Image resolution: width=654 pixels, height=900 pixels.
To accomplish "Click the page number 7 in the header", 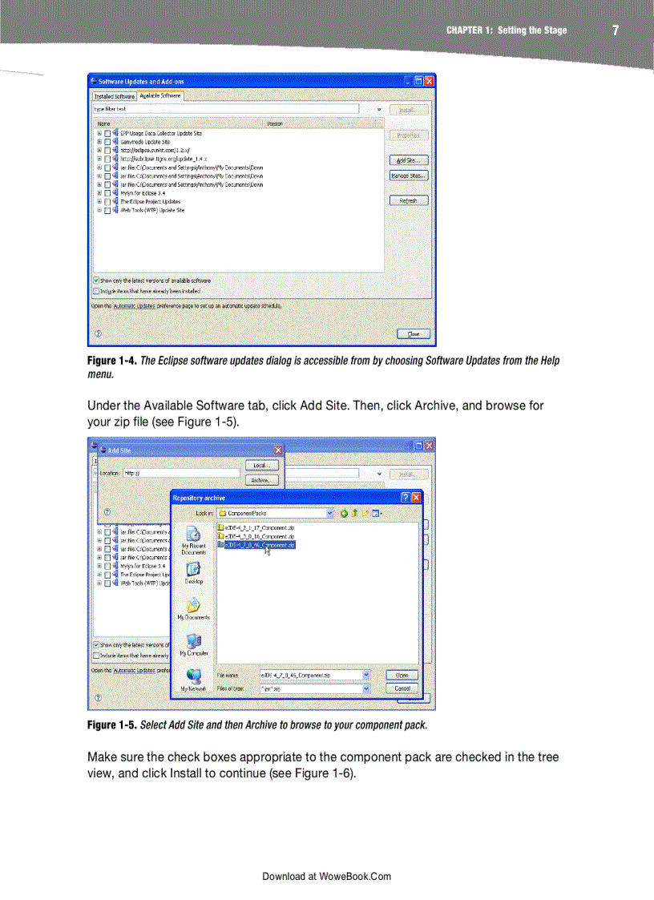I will tap(616, 30).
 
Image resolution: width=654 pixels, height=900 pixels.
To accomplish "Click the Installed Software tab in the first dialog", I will tap(114, 96).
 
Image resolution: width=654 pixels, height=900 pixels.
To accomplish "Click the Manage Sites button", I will tap(408, 176).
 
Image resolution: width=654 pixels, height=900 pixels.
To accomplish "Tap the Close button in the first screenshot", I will tap(413, 333).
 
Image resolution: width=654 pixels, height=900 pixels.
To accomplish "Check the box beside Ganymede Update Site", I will tap(107, 142).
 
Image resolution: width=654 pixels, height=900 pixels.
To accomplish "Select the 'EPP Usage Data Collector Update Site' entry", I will tap(160, 133).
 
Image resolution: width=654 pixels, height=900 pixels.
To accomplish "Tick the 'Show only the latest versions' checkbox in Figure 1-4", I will tap(96, 280).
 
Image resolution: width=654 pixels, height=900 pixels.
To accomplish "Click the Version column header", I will tap(274, 124).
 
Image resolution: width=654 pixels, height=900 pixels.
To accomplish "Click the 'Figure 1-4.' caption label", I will tap(111, 361).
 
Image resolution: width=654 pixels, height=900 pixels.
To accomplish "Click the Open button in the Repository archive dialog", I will tap(402, 675).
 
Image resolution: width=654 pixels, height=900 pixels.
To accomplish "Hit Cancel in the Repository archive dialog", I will tap(402, 688).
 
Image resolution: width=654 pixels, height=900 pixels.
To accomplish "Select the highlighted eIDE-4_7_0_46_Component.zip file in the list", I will tap(260, 544).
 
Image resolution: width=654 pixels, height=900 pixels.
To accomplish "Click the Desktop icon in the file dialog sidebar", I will tap(193, 571).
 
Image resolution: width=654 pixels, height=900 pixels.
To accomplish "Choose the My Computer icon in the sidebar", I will tap(193, 643).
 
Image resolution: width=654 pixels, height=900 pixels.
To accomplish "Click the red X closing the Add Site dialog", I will tap(278, 450).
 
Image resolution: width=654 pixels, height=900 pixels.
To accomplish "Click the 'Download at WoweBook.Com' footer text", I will tap(326, 876).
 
